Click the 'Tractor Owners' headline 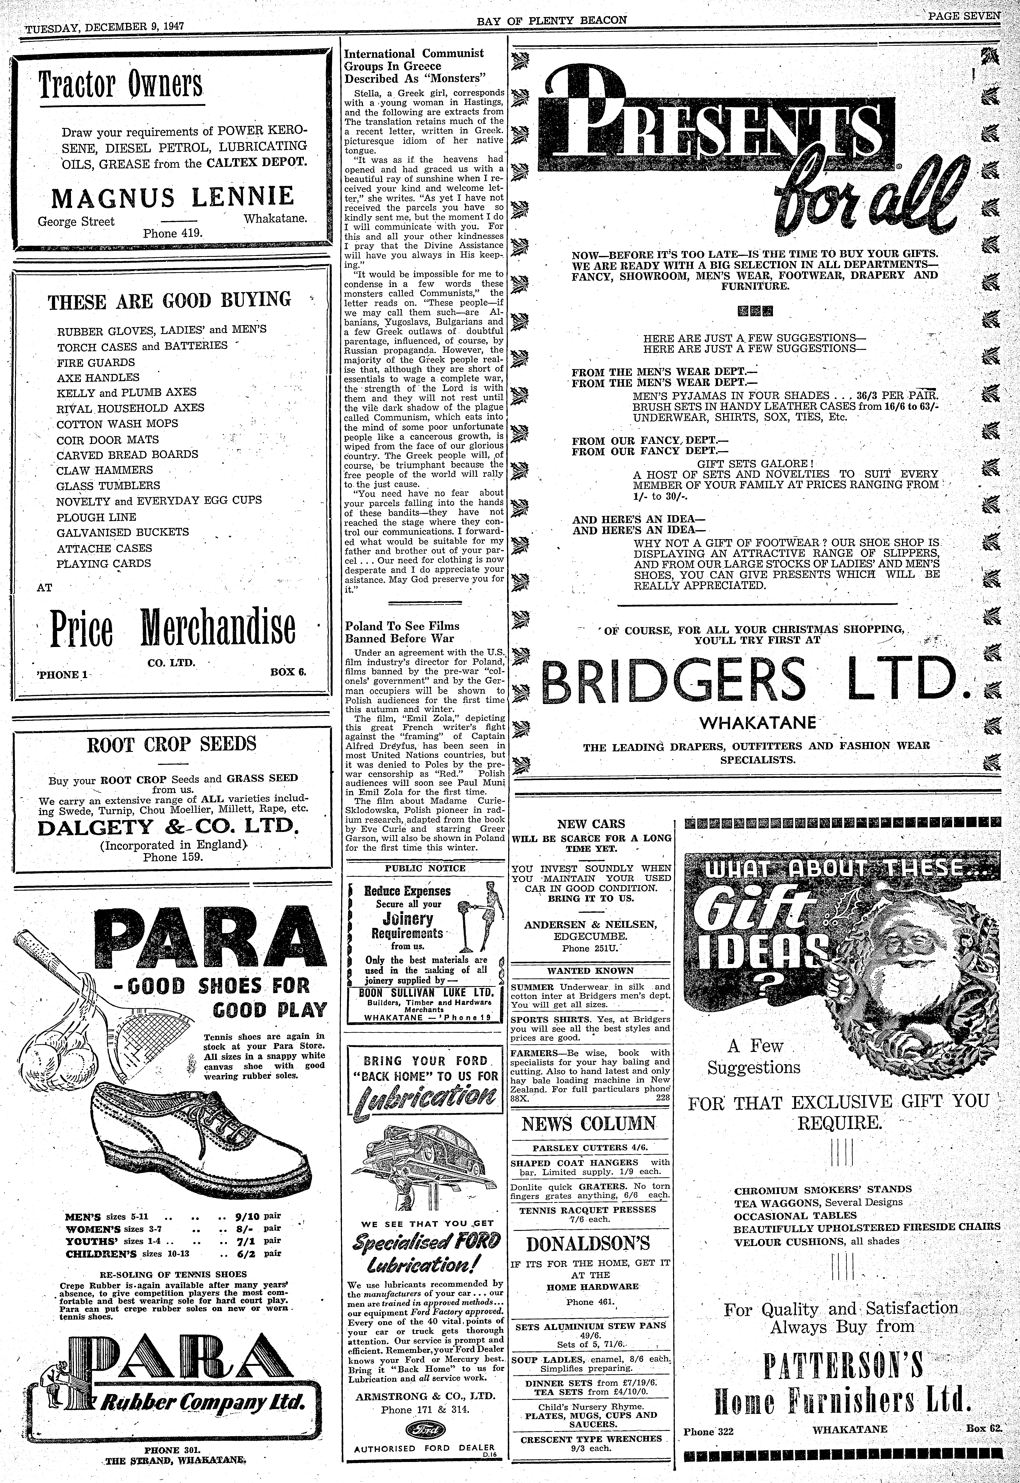tap(120, 86)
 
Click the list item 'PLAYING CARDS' tap(104, 563)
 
